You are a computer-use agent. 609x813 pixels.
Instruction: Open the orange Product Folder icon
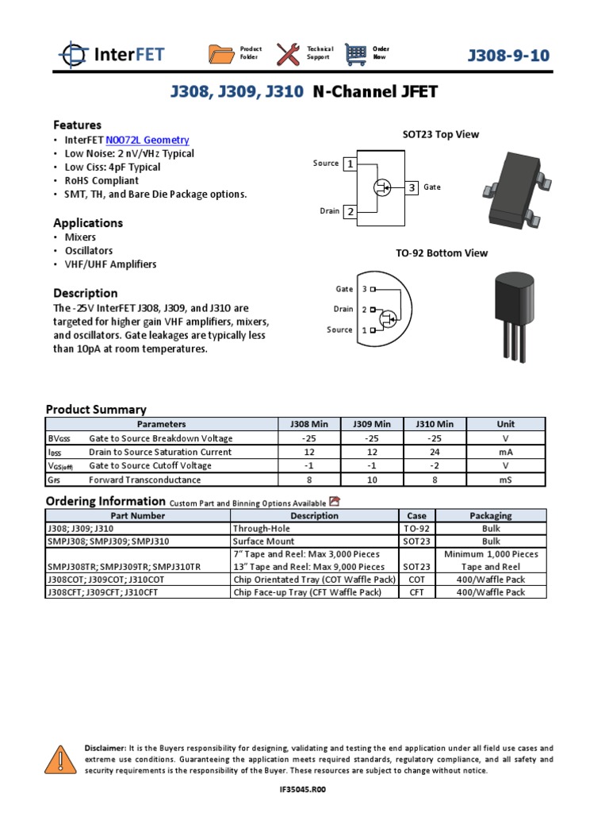[x=221, y=54]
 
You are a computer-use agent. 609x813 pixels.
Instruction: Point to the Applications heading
[x=88, y=223]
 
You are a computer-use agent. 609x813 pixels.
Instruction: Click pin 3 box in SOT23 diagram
[x=412, y=187]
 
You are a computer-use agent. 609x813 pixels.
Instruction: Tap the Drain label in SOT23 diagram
[x=329, y=211]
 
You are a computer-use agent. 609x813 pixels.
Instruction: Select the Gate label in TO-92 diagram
[x=344, y=289]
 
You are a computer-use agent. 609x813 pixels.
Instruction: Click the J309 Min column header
[x=372, y=424]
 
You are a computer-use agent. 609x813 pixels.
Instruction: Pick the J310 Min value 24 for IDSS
[x=435, y=452]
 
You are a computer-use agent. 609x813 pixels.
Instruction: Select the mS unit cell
[x=505, y=480]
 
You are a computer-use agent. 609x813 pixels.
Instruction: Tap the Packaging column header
[x=491, y=515]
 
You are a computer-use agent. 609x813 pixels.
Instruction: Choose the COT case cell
[x=416, y=580]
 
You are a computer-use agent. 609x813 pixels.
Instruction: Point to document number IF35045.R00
[x=304, y=790]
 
